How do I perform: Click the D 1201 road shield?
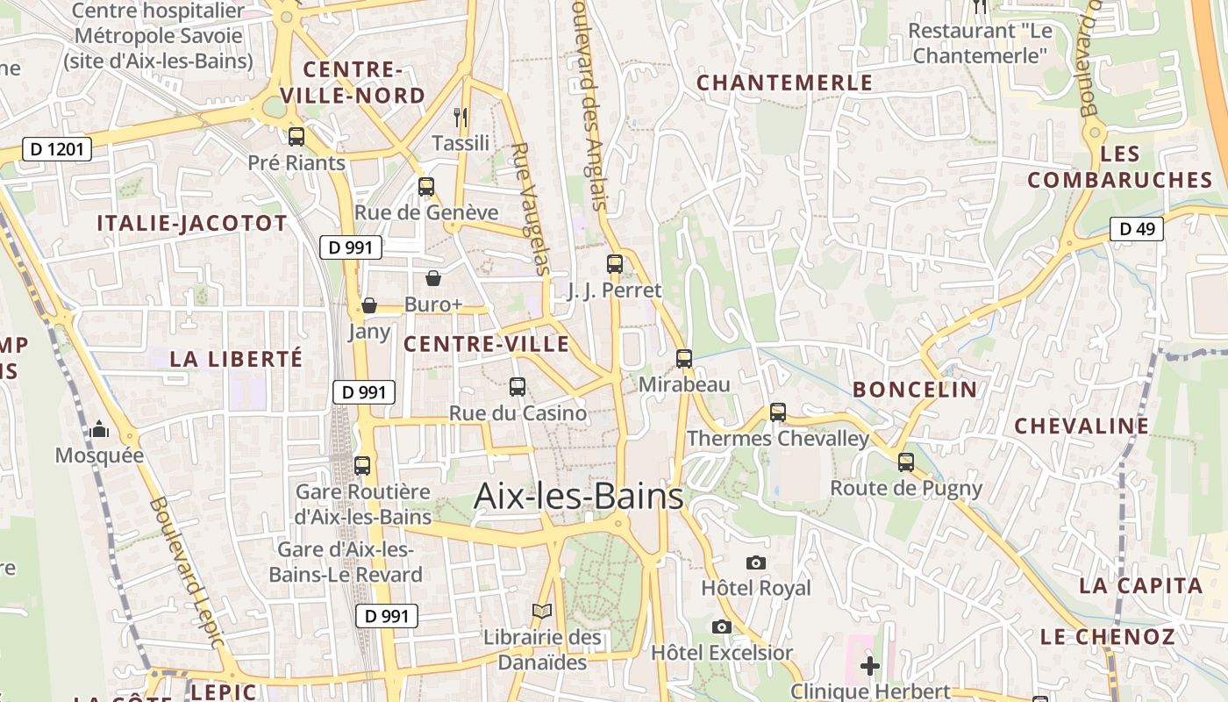[57, 149]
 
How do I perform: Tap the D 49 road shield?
[1137, 229]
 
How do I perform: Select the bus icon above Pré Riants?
[296, 137]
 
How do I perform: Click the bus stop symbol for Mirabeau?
[684, 358]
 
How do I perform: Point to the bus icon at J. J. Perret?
[615, 263]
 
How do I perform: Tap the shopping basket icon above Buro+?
[433, 279]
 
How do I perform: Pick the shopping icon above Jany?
[369, 305]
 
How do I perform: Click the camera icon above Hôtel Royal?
[756, 562]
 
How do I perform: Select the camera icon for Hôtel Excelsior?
[722, 627]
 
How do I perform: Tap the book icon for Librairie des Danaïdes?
[543, 611]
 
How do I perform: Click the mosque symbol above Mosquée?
[99, 429]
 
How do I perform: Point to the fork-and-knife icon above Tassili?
[460, 116]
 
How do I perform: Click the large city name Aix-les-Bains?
[579, 497]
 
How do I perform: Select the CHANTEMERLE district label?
[784, 82]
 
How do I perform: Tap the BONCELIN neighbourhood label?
[915, 390]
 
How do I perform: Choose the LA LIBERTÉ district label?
[236, 359]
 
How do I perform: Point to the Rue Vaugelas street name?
[531, 209]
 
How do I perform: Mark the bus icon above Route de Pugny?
[906, 462]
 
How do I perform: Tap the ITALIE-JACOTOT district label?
[192, 223]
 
